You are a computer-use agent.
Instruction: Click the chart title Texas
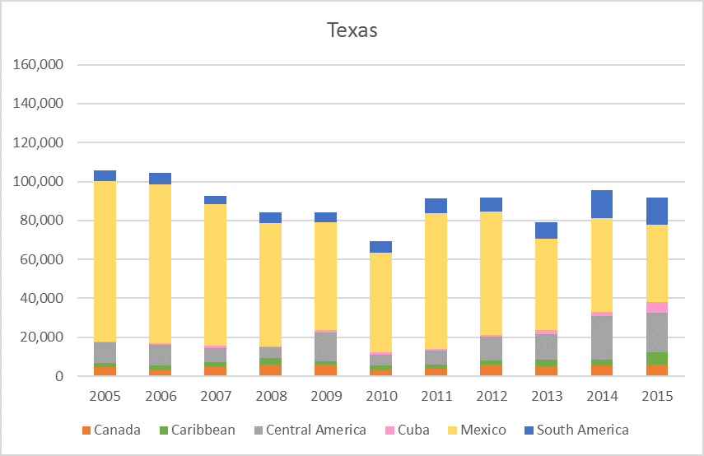[352, 31]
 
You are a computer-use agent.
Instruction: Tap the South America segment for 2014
[601, 204]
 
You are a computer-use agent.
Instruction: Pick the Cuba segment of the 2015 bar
[656, 307]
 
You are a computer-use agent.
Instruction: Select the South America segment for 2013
[546, 230]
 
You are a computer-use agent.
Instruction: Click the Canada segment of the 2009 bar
[325, 370]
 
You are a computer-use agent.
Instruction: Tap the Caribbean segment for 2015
[656, 359]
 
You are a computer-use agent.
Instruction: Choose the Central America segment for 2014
[601, 337]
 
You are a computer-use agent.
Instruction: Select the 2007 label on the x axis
[215, 397]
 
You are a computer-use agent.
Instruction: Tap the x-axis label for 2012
[491, 397]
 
